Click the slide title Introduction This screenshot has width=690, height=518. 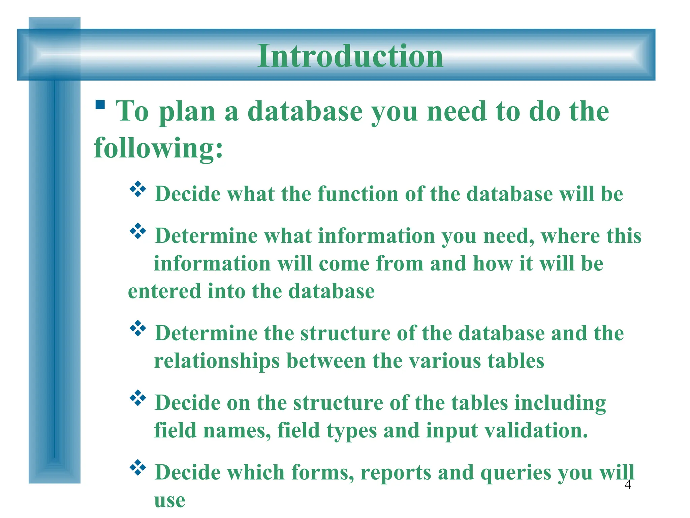[350, 56]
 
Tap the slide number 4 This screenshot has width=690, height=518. [628, 485]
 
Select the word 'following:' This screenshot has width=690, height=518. [158, 148]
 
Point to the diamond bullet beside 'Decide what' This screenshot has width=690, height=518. [138, 189]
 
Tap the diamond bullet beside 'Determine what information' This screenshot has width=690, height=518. [138, 231]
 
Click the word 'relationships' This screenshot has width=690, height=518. [217, 362]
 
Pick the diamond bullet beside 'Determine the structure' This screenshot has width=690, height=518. [138, 328]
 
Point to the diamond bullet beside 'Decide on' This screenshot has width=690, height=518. [138, 398]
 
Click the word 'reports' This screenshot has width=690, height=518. [396, 473]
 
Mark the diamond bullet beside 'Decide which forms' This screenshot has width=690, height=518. [138, 467]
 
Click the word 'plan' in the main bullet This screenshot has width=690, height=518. [187, 112]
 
